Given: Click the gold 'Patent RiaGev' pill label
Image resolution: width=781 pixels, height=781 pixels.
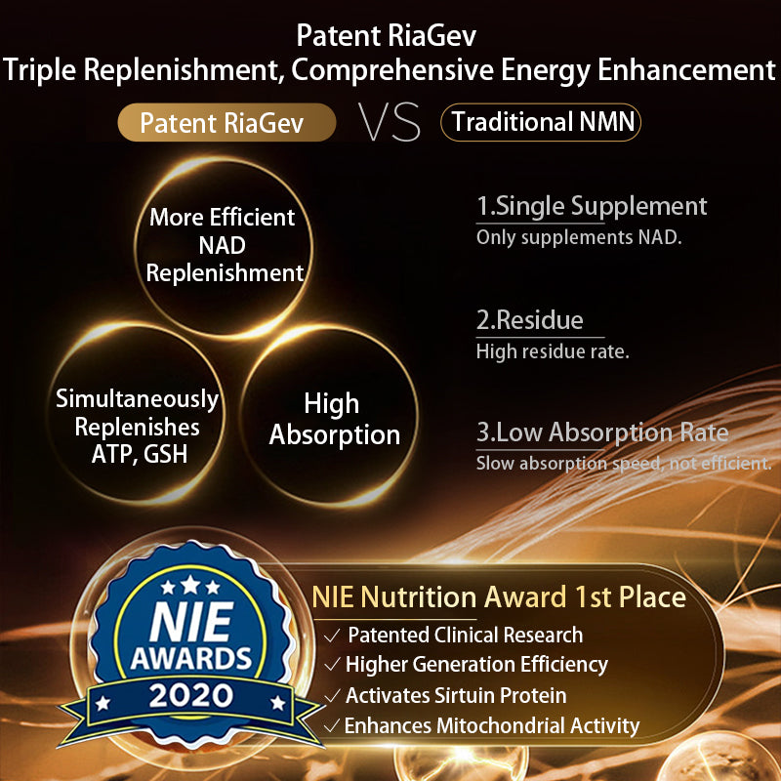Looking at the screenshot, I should tap(227, 124).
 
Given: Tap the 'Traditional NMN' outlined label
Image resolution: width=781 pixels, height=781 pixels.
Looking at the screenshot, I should tap(541, 123).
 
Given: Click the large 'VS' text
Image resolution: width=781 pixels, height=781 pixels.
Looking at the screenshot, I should tap(390, 123).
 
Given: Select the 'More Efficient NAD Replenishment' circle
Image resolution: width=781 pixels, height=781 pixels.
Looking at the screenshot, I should tap(225, 244).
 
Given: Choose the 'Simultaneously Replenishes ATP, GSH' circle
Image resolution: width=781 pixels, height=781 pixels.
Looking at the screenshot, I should tap(137, 427).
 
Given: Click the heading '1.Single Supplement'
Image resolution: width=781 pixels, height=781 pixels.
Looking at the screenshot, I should tap(592, 206).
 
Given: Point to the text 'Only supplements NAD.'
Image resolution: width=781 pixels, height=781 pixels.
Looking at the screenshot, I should tap(579, 237).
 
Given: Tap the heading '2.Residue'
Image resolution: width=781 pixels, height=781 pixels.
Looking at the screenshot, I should tap(529, 320).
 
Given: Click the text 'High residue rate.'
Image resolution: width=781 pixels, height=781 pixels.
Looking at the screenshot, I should tap(553, 351).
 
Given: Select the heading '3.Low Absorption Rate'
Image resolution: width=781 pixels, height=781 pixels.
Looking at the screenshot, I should tap(602, 432).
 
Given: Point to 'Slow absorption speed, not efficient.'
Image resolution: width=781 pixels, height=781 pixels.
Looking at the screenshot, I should tap(624, 464).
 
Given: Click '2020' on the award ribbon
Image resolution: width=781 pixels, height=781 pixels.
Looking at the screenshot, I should tap(191, 695).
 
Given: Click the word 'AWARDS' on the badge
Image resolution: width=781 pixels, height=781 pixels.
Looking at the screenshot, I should tap(192, 655).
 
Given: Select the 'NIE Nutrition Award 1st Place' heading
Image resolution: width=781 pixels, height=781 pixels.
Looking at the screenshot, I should tap(499, 596).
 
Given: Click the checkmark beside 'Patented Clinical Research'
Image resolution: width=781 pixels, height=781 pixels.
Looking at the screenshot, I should tap(333, 636).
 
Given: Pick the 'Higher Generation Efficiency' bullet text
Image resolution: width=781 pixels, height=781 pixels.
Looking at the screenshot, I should tap(476, 665).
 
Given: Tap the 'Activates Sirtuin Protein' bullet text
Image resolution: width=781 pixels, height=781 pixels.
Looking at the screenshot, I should tap(456, 695).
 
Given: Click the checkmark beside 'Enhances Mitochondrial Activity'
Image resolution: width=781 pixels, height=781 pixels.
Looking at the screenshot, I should tap(332, 725).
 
